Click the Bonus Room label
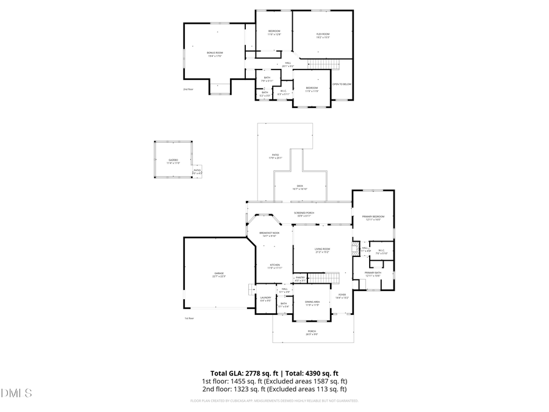pos(215,54)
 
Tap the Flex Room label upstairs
pos(323,35)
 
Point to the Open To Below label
pos(342,84)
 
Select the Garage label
pos(218,274)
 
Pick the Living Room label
pos(322,250)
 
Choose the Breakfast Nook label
pos(269,234)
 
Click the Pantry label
pos(300,279)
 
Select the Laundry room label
pos(265,298)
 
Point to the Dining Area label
pos(312,303)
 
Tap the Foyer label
pos(342,295)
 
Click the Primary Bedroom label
pos(373,217)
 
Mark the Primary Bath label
pos(373,273)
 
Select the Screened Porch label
pos(304,214)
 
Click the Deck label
pos(300,187)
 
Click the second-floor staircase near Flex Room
pos(323,64)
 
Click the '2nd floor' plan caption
pos(188,90)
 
